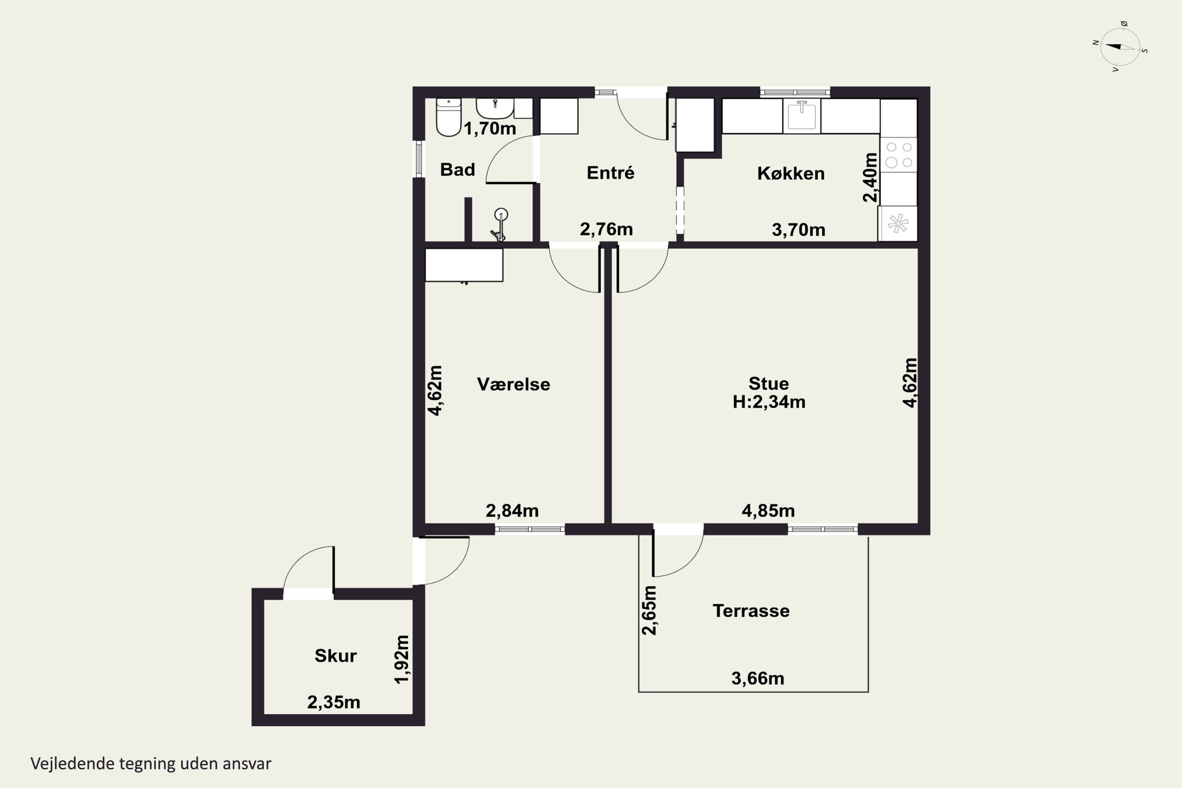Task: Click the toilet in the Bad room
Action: click(448, 117)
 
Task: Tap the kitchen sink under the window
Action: click(801, 115)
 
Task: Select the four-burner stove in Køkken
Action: click(899, 155)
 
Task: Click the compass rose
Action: click(1120, 47)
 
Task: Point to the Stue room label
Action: click(768, 383)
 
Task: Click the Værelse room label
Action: click(513, 385)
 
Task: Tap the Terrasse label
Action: click(751, 611)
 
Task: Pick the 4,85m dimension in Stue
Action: click(768, 511)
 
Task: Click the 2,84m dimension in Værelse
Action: click(511, 511)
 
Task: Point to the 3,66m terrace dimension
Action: click(757, 678)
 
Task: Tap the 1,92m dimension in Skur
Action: click(402, 659)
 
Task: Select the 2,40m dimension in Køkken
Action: click(870, 177)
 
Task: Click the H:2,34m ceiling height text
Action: click(769, 402)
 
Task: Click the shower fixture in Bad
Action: click(500, 224)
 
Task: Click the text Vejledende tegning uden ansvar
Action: click(151, 764)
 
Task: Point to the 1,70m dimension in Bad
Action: click(489, 129)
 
